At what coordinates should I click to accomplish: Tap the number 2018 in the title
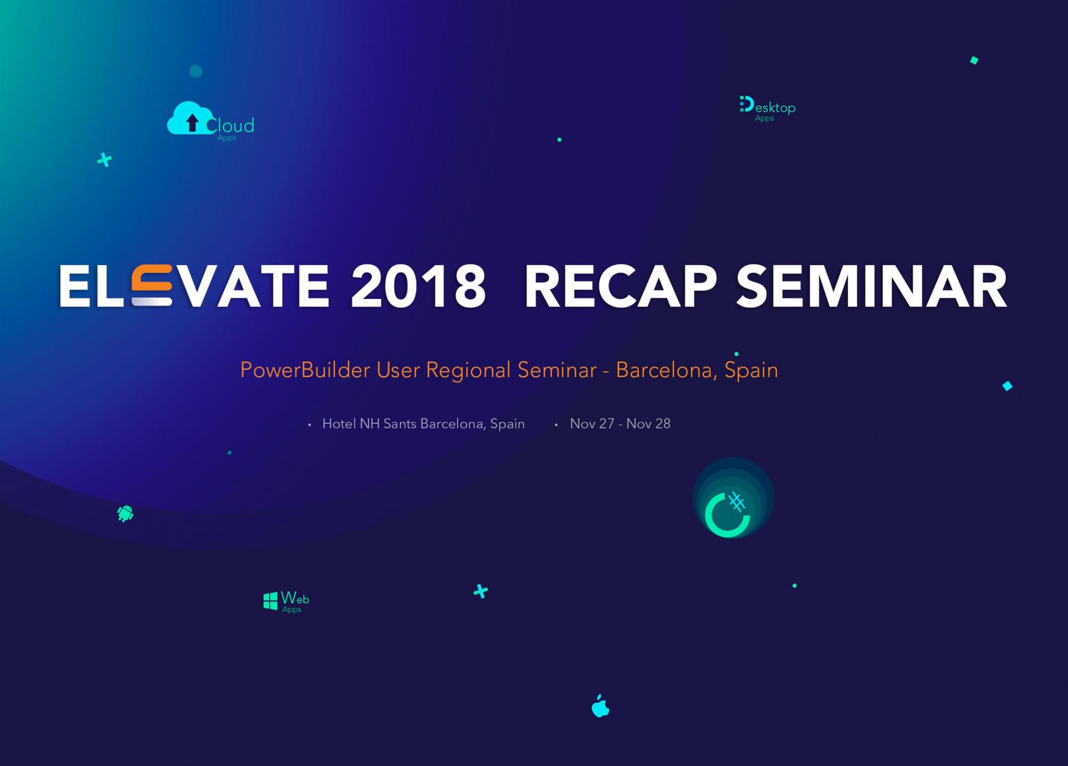418,286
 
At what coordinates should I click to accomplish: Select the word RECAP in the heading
620,286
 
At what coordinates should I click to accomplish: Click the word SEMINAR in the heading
872,286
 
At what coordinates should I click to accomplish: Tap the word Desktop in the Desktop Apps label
768,106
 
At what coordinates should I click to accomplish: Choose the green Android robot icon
125,513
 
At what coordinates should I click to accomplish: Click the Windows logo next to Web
270,601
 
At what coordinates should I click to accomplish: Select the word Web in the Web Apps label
295,598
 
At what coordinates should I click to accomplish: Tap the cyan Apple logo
600,706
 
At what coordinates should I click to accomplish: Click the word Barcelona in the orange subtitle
667,370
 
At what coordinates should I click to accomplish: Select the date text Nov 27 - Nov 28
620,424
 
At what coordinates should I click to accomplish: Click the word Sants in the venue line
400,424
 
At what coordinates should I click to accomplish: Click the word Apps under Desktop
764,118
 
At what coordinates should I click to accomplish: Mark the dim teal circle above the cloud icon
196,71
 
